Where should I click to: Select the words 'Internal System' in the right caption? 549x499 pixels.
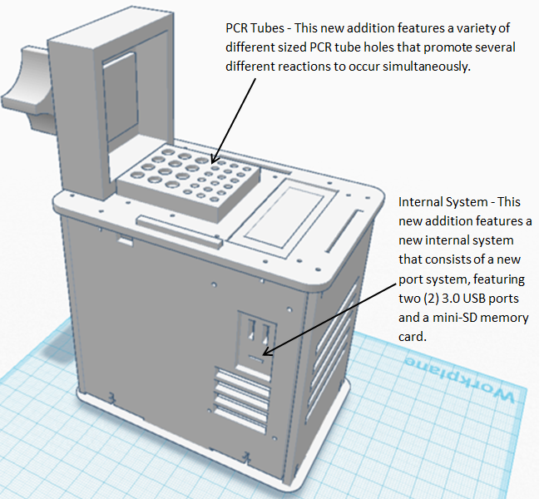[x=438, y=202]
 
